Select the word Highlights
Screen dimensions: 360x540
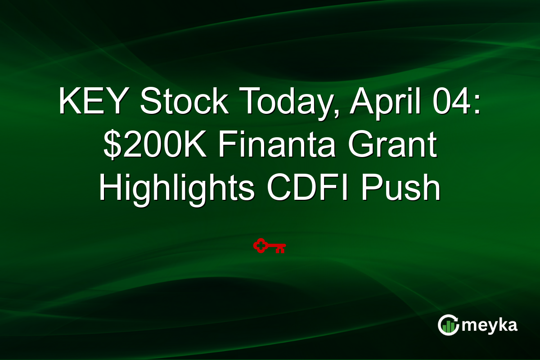[x=175, y=189]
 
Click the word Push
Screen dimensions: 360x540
[x=408, y=189]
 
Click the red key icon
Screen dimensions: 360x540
[x=270, y=246]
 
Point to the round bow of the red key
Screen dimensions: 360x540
[x=260, y=246]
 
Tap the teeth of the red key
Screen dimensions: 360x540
[x=280, y=249]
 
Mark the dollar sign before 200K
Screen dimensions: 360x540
[x=112, y=146]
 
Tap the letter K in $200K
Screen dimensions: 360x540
[x=198, y=146]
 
